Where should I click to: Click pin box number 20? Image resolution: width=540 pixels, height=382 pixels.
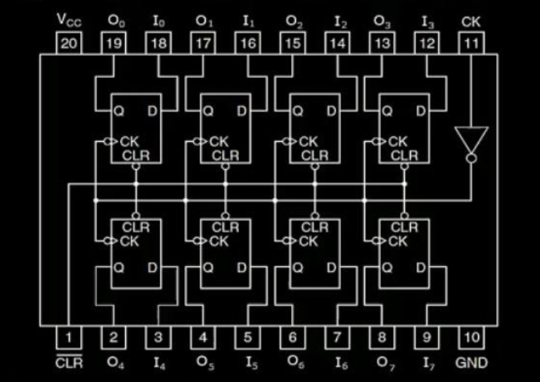[x=68, y=44]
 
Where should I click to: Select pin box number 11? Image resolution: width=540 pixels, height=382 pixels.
[x=471, y=44]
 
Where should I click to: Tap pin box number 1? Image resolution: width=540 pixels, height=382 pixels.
[x=68, y=337]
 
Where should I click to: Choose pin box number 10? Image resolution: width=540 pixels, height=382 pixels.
[x=471, y=337]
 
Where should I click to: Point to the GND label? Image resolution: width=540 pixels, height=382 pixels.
[x=471, y=363]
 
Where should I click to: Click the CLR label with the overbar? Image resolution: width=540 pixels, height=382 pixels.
[x=68, y=363]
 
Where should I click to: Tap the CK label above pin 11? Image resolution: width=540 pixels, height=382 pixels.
[x=471, y=20]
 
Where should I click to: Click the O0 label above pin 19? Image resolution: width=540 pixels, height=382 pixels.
[x=114, y=20]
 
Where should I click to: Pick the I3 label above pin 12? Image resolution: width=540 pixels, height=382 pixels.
[x=427, y=21]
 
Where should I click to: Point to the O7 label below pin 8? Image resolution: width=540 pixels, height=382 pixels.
[x=382, y=363]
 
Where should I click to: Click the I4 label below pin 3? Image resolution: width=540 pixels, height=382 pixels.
[x=159, y=363]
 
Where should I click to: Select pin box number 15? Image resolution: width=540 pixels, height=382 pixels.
[x=292, y=44]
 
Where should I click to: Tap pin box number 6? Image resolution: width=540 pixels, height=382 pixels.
[x=292, y=337]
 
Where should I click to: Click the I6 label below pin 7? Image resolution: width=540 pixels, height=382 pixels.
[x=338, y=363]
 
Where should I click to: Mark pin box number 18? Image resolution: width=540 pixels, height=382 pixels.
[x=158, y=44]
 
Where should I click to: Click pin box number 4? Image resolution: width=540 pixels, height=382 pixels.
[x=203, y=337]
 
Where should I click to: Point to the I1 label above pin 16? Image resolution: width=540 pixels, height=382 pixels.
[x=248, y=21]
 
